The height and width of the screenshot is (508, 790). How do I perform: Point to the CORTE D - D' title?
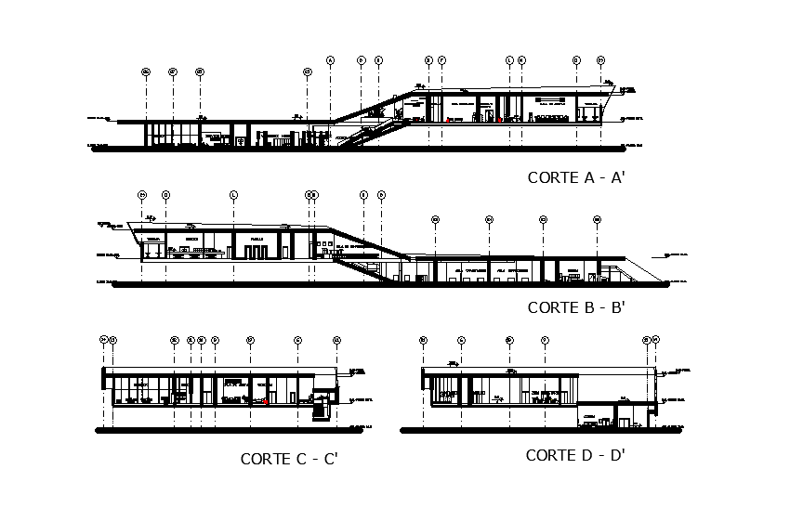[x=574, y=455]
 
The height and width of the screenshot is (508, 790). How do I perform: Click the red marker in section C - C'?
[x=267, y=403]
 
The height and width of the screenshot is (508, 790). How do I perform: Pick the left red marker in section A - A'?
[x=448, y=120]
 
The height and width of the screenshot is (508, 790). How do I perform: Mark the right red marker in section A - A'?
[x=499, y=120]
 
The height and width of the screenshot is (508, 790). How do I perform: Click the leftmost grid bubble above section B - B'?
[x=142, y=194]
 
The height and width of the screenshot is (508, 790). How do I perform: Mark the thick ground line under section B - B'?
[x=390, y=286]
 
